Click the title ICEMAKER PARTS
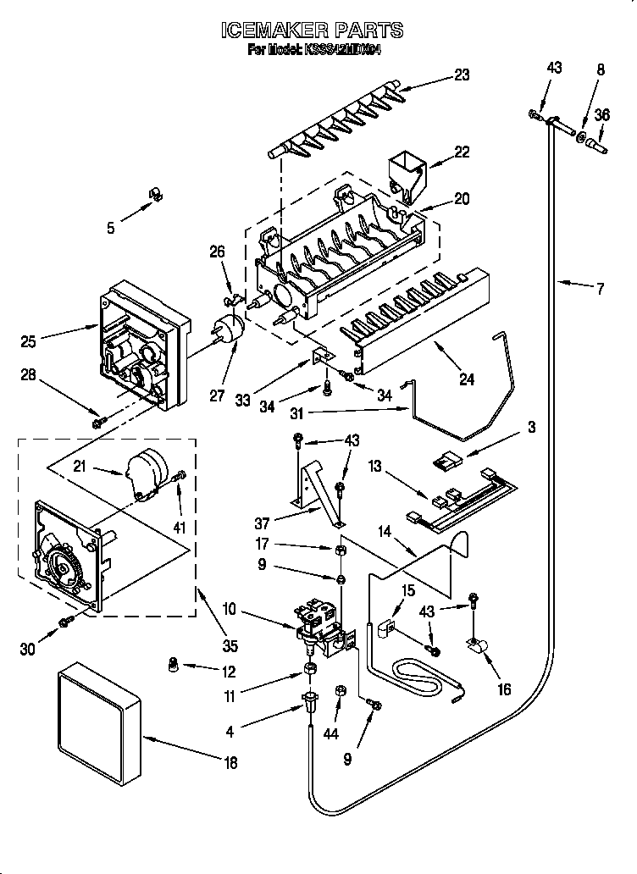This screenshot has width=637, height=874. (312, 30)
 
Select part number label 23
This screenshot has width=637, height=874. (461, 75)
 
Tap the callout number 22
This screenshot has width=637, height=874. (461, 152)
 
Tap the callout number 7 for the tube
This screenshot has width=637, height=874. (600, 290)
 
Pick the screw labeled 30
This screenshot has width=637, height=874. (66, 623)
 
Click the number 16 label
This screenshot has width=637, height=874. (504, 689)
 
